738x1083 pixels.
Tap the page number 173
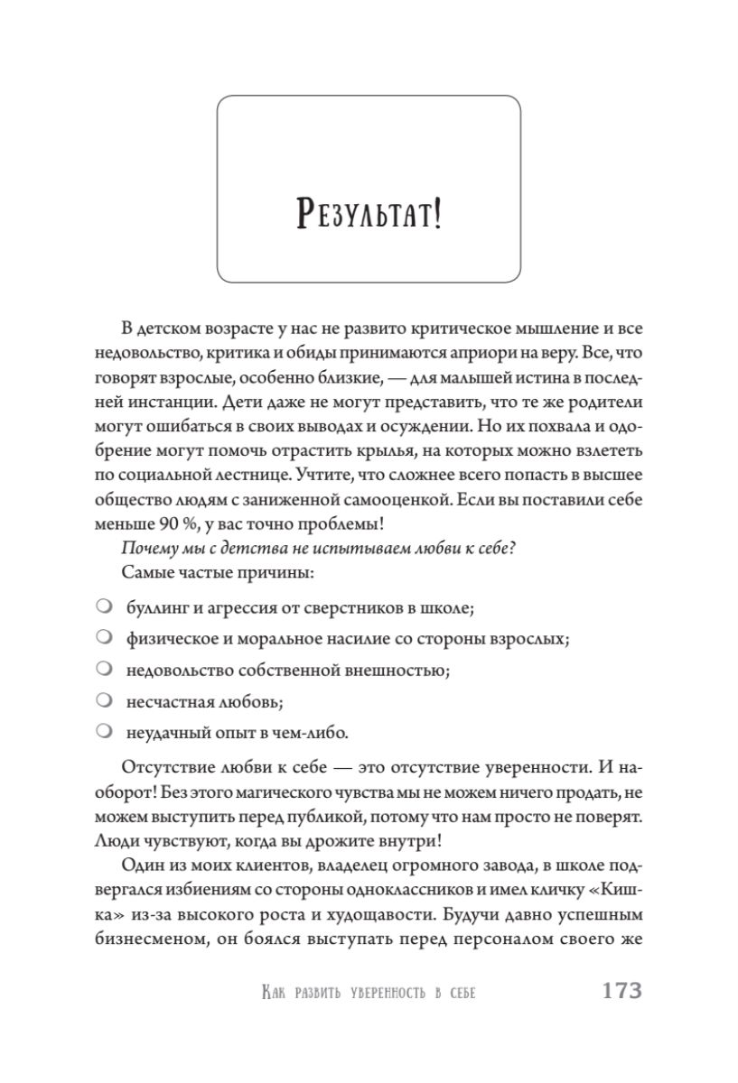[x=621, y=991]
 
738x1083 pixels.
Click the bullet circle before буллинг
[x=104, y=605]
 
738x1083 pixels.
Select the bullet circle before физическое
[x=104, y=637]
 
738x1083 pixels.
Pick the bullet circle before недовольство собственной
[x=104, y=669]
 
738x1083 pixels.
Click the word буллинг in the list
[x=159, y=606]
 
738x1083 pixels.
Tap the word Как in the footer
[x=274, y=993]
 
